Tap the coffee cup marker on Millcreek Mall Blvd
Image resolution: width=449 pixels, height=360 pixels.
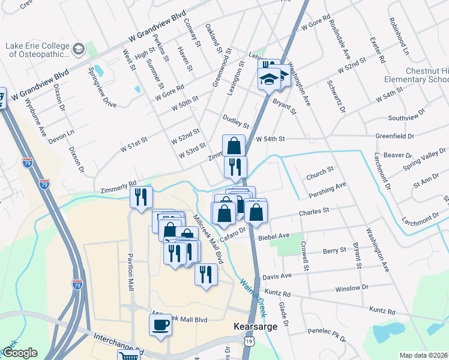coord(161,325)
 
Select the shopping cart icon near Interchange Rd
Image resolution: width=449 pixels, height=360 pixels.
coord(128,355)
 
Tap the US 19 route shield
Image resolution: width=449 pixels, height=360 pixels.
coord(249,341)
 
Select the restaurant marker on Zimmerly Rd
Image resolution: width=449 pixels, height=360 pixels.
coord(142,197)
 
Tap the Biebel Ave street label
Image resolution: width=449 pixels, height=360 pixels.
coord(274,236)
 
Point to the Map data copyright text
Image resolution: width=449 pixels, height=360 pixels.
coord(424,355)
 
